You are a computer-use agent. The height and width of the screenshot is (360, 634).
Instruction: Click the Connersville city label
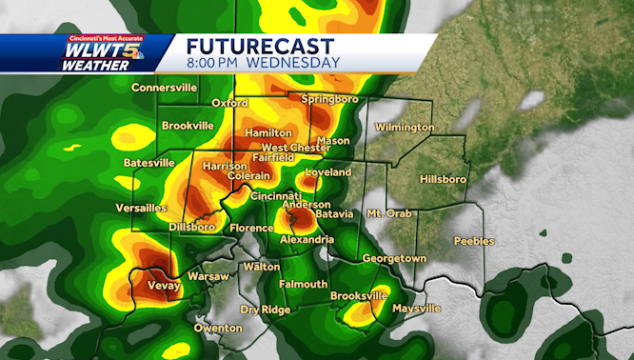[164, 88]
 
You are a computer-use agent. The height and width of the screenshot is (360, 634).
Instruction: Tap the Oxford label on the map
[229, 102]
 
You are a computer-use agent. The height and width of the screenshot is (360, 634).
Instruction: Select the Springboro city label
[327, 99]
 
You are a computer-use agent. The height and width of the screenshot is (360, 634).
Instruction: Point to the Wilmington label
[405, 127]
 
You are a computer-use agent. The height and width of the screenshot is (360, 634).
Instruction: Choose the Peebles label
[474, 241]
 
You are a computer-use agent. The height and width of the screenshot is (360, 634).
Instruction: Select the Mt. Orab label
[389, 213]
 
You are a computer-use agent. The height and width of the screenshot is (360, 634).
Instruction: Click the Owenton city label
[218, 328]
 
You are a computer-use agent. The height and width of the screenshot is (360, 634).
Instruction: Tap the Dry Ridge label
[264, 310]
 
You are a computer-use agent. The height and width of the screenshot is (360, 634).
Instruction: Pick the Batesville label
[149, 163]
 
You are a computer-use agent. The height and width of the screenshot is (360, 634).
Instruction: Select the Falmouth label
[304, 284]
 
